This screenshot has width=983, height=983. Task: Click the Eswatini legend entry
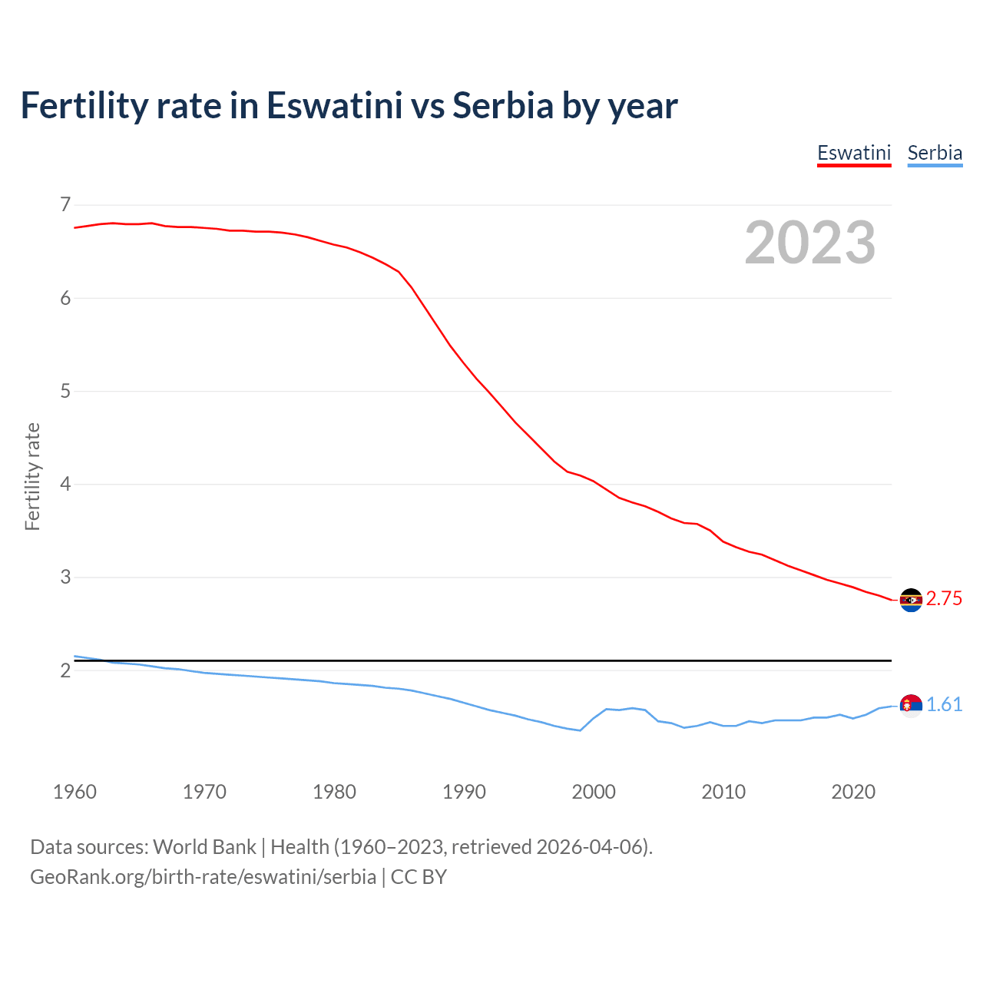(x=853, y=153)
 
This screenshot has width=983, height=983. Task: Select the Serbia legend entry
(x=935, y=153)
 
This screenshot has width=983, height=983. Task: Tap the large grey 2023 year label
(x=810, y=243)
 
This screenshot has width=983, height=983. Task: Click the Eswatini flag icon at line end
(x=911, y=600)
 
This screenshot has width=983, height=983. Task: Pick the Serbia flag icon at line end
(x=911, y=705)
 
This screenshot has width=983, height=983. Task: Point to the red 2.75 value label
(x=944, y=599)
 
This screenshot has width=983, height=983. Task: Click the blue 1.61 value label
(x=944, y=705)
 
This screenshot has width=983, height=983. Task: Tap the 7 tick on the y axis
(x=65, y=204)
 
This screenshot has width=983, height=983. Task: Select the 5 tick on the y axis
(x=65, y=391)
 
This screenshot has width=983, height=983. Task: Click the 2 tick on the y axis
(x=65, y=670)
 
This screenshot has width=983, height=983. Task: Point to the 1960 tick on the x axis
(x=74, y=792)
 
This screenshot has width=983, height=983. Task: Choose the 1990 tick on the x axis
(x=464, y=792)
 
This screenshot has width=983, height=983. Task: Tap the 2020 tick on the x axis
(x=853, y=792)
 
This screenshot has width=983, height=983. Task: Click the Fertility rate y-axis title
(x=32, y=476)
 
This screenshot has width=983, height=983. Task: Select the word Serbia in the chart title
(x=502, y=105)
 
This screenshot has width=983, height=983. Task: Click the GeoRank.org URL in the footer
(x=203, y=877)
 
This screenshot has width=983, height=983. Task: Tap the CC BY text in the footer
(x=419, y=877)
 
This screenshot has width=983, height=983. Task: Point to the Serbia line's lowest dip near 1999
(x=580, y=730)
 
